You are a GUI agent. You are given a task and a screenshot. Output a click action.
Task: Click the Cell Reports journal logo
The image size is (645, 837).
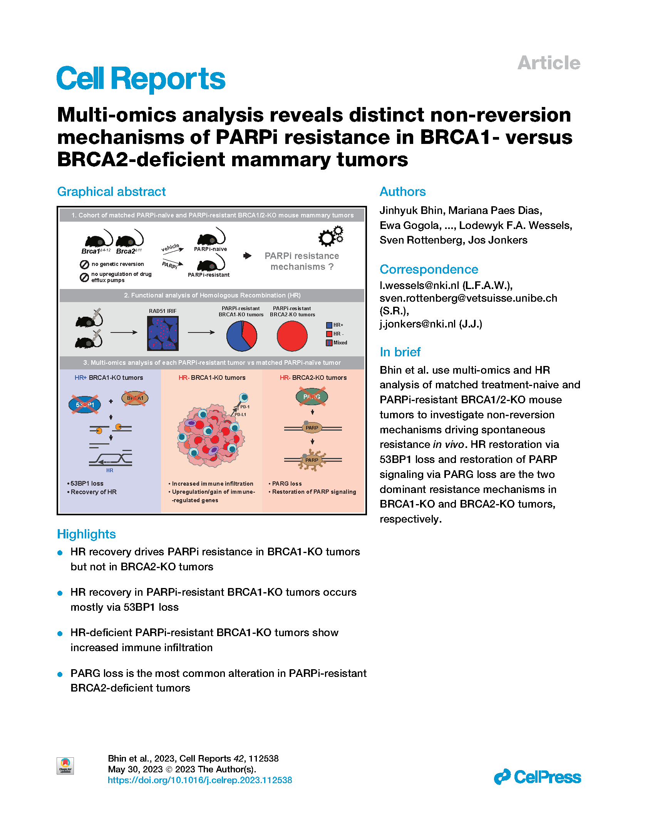[x=141, y=79]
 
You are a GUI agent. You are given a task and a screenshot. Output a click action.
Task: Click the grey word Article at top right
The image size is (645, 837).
[x=549, y=63]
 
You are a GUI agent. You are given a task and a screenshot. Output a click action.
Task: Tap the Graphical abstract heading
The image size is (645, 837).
[x=111, y=192]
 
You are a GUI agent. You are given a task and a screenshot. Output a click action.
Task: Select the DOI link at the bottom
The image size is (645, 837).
[x=200, y=780]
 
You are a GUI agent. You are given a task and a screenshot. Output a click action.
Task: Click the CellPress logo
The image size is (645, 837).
[x=538, y=777]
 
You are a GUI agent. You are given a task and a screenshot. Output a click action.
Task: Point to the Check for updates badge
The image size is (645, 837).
[x=65, y=766]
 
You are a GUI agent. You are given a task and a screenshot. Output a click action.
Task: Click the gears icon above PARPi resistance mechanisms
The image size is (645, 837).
[x=330, y=236]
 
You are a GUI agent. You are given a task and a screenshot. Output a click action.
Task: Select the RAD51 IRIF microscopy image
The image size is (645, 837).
[x=163, y=333]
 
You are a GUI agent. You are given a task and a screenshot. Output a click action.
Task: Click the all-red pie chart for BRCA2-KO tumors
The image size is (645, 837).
[x=292, y=336]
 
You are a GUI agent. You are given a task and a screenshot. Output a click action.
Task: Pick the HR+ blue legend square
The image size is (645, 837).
[x=329, y=325]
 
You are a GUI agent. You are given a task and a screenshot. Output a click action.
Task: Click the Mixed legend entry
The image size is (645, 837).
[x=337, y=343]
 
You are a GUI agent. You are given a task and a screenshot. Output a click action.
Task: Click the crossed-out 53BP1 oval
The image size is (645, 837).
[x=85, y=404]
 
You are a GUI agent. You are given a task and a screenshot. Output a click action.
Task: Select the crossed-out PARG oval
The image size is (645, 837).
[x=312, y=397]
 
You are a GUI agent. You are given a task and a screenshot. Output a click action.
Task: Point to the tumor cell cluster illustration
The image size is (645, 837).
[x=211, y=435]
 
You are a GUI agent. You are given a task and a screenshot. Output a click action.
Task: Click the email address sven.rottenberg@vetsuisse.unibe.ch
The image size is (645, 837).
[x=468, y=298]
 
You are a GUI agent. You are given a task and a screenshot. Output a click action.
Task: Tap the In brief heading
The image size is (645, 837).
[x=400, y=352]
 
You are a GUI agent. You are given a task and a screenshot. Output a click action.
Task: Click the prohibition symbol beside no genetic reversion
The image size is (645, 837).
[x=84, y=264]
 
